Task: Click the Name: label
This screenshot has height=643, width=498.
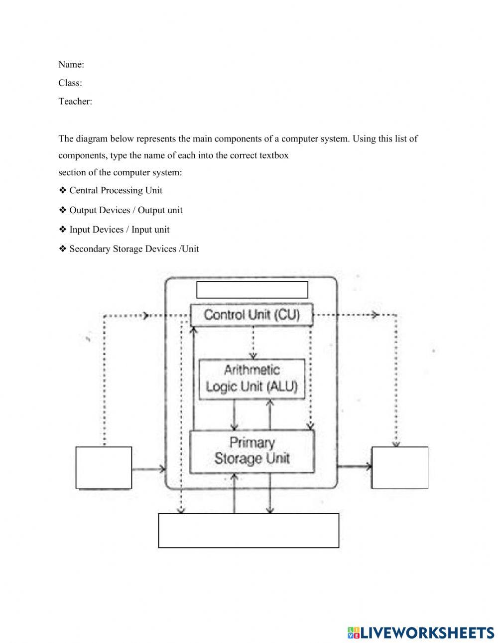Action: pyautogui.click(x=71, y=64)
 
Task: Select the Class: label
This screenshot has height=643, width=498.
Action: pyautogui.click(x=70, y=83)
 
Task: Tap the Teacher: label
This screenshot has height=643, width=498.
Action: pyautogui.click(x=75, y=101)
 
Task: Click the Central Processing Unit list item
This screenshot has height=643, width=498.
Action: pyautogui.click(x=116, y=190)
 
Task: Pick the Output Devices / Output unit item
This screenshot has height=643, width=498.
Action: pyautogui.click(x=125, y=210)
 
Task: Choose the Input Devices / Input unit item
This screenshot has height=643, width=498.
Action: pyautogui.click(x=119, y=230)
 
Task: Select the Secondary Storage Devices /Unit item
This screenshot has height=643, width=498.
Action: pyautogui.click(x=134, y=249)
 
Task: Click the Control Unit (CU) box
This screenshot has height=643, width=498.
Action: pyautogui.click(x=252, y=315)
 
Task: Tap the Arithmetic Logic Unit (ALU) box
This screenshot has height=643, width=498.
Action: pyautogui.click(x=251, y=379)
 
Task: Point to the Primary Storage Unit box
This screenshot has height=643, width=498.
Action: pyautogui.click(x=252, y=451)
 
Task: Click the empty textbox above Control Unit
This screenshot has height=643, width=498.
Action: pyautogui.click(x=252, y=290)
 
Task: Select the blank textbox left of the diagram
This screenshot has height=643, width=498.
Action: pyautogui.click(x=104, y=468)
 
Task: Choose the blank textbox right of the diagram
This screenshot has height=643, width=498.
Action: pyautogui.click(x=399, y=468)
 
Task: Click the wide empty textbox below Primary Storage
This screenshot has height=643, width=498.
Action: pyautogui.click(x=249, y=530)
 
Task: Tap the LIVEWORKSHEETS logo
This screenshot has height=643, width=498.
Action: pyautogui.click(x=421, y=632)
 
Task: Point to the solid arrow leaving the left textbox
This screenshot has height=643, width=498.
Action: pyautogui.click(x=148, y=469)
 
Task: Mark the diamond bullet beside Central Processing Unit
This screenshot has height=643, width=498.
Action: pyautogui.click(x=63, y=190)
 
